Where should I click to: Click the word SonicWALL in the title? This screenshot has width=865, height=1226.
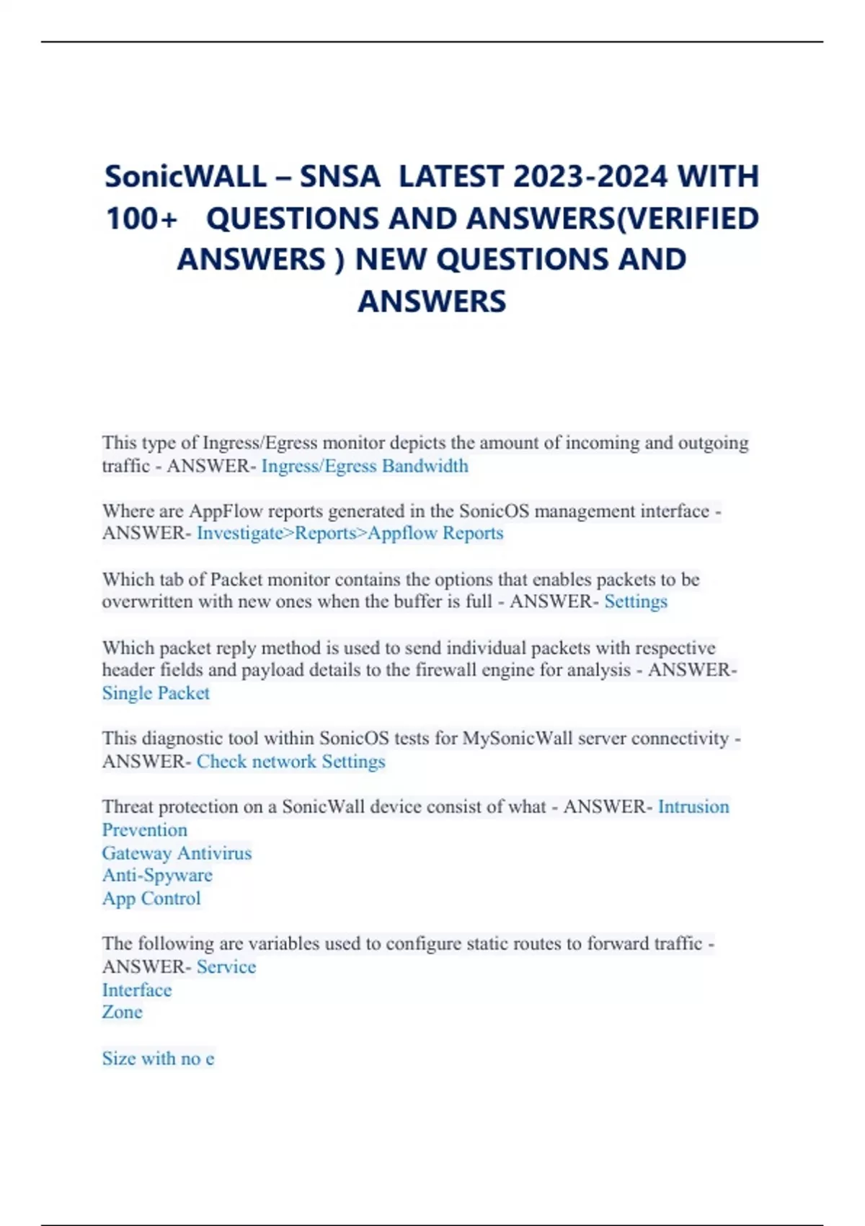tap(186, 177)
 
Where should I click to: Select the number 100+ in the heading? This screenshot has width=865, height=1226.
tap(141, 219)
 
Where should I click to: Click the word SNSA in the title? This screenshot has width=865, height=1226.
tap(340, 177)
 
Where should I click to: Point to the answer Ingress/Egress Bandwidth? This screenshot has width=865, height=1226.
tap(365, 466)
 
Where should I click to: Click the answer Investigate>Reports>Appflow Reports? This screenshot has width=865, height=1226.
tap(350, 533)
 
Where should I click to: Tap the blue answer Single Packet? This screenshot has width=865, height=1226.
tap(156, 693)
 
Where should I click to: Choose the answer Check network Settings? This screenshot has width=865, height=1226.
tap(290, 762)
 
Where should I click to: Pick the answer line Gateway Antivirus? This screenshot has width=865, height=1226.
tap(177, 853)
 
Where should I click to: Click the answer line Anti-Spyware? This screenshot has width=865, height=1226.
tap(157, 876)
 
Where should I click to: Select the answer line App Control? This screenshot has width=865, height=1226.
tap(151, 899)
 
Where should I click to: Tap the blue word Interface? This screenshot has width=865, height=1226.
tap(137, 990)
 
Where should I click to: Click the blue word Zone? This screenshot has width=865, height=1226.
tap(123, 1012)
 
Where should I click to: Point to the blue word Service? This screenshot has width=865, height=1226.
tap(226, 967)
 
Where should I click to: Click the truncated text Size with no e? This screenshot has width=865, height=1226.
tap(158, 1059)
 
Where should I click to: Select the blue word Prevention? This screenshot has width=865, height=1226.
tap(144, 830)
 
